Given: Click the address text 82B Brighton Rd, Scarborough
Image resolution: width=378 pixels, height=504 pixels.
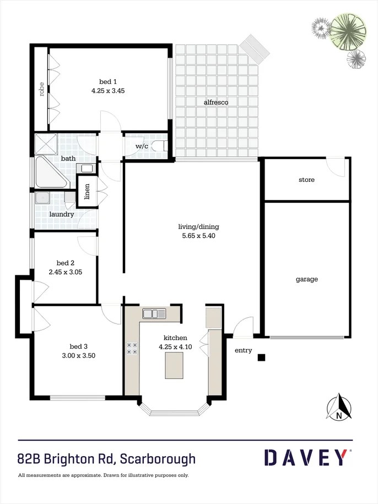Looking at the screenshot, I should [106, 458].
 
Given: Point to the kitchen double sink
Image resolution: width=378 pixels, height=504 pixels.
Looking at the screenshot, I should [154, 314].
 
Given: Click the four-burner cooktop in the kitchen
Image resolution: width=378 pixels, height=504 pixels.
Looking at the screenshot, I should [132, 348].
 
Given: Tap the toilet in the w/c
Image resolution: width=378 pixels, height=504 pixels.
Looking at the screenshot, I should [159, 146].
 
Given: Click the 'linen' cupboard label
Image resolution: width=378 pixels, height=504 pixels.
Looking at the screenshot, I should [87, 191].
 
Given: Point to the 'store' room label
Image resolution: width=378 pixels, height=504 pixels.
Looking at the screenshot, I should [306, 180].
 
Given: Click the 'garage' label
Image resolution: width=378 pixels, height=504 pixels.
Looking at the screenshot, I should [306, 279].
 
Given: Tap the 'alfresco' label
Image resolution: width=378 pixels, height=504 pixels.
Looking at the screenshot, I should [216, 102].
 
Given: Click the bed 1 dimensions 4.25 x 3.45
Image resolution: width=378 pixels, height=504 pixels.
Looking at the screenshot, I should [107, 91].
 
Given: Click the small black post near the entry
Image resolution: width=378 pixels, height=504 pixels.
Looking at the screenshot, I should [262, 357].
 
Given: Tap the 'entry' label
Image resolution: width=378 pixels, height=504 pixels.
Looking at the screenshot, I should [243, 350].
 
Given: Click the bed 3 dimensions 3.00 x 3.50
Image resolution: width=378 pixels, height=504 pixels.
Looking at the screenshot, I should [79, 355].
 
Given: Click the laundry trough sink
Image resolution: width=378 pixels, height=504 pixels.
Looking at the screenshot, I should [41, 198].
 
